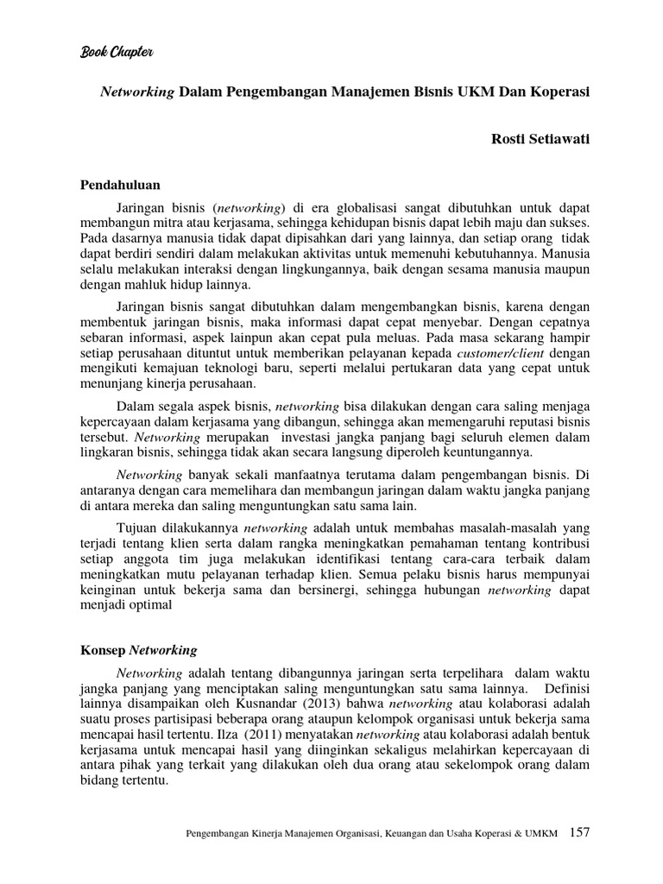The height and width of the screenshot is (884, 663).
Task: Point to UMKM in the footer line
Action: click(540, 834)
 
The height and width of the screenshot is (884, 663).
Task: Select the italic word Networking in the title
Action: click(137, 92)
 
